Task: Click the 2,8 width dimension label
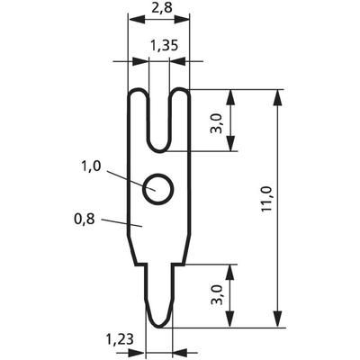click(161, 7)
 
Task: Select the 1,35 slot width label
click(164, 46)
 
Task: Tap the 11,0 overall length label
click(266, 199)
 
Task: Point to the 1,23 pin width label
click(120, 340)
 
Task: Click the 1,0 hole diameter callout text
click(91, 166)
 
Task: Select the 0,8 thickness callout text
click(85, 220)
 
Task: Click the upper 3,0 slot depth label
click(218, 123)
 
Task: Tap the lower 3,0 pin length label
click(218, 295)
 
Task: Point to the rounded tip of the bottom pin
click(158, 327)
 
